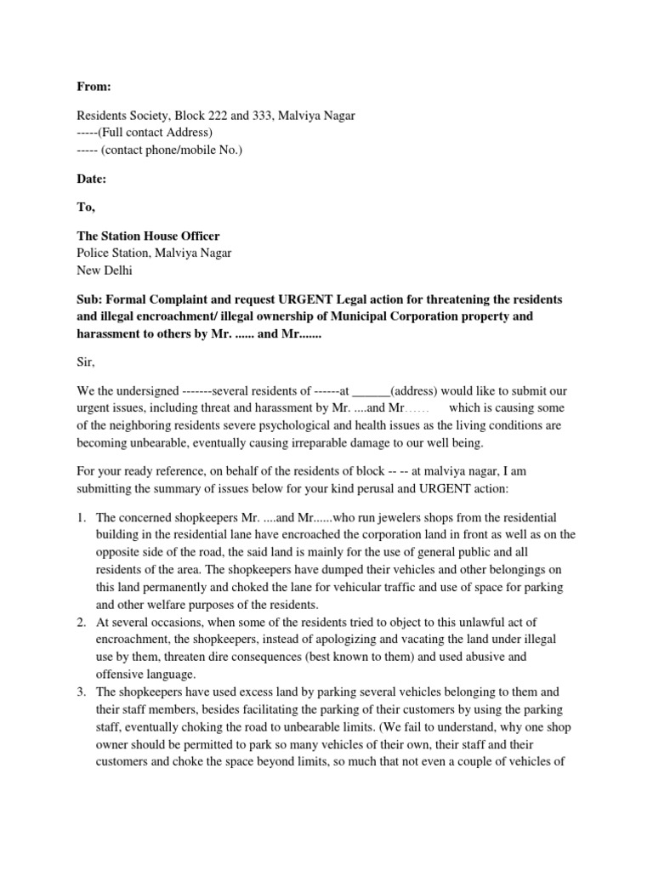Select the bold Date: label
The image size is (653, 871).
coord(93,179)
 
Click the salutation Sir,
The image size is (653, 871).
coord(86,362)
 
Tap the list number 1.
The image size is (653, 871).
coord(81,517)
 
